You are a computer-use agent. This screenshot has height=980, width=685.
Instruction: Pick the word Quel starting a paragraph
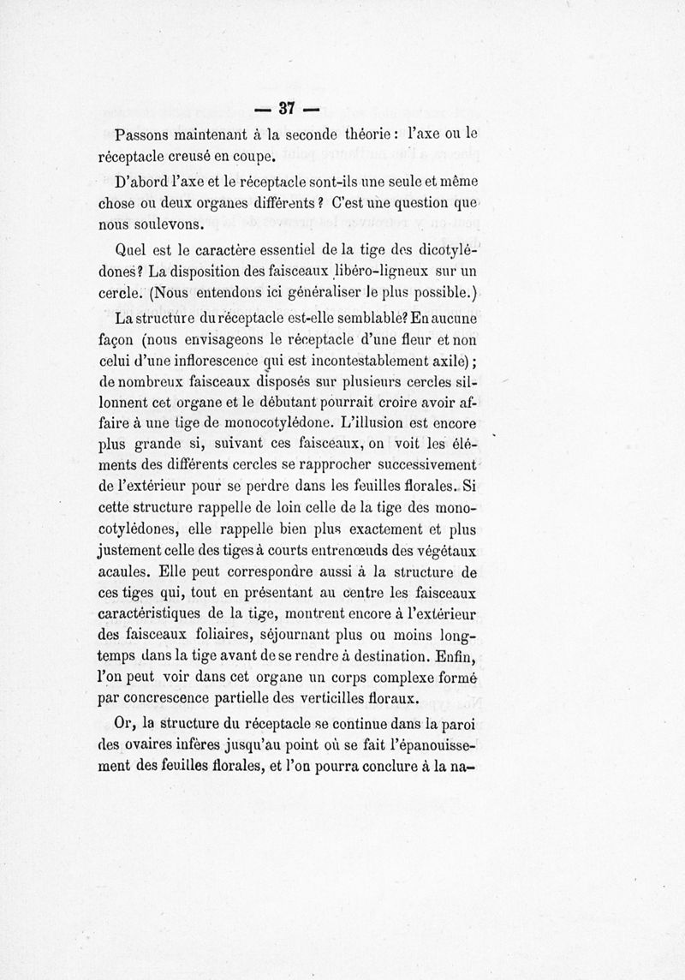pyautogui.click(x=131, y=251)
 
